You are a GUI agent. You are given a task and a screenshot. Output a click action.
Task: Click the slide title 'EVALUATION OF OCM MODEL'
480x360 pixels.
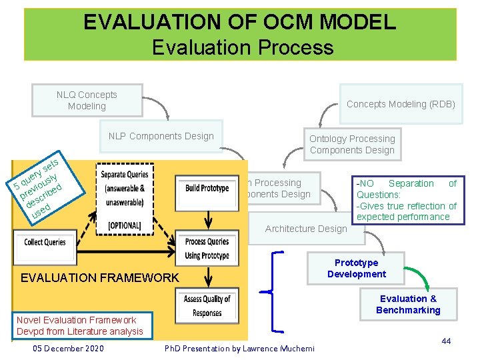(x=239, y=23)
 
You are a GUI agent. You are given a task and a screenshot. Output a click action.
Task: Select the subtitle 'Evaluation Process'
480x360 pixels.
(x=242, y=47)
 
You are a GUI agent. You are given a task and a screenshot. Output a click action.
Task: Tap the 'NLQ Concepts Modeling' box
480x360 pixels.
(x=87, y=101)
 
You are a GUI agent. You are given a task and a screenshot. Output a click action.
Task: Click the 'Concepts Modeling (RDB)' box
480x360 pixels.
(x=400, y=104)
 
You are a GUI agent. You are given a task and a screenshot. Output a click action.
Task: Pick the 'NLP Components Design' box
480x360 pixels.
(x=161, y=137)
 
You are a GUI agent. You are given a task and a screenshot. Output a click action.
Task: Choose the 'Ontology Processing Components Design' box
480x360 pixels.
(x=352, y=145)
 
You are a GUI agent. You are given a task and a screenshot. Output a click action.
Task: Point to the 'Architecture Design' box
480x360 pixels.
(x=305, y=229)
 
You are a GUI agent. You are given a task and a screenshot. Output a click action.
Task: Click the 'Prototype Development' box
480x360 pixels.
(x=356, y=268)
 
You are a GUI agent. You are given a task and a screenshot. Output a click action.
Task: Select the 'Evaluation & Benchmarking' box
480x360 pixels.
(x=408, y=304)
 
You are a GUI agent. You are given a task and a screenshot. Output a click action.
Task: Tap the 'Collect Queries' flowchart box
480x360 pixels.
(x=45, y=242)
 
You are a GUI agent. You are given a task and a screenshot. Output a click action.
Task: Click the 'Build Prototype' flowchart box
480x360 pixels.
(x=207, y=188)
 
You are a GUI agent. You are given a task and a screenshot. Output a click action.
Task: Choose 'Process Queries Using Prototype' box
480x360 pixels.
(x=207, y=248)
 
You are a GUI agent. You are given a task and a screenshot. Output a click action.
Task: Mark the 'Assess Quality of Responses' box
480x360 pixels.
(x=207, y=306)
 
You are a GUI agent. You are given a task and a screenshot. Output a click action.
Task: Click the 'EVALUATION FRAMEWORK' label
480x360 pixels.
(x=100, y=278)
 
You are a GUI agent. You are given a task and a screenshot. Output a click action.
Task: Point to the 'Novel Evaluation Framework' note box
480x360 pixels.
(x=80, y=325)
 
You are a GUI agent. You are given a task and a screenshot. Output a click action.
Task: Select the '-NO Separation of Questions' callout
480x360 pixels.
(x=407, y=199)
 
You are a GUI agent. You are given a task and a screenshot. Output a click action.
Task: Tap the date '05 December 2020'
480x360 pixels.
(x=67, y=348)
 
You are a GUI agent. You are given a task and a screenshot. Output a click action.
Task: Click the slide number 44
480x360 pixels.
(x=446, y=341)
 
